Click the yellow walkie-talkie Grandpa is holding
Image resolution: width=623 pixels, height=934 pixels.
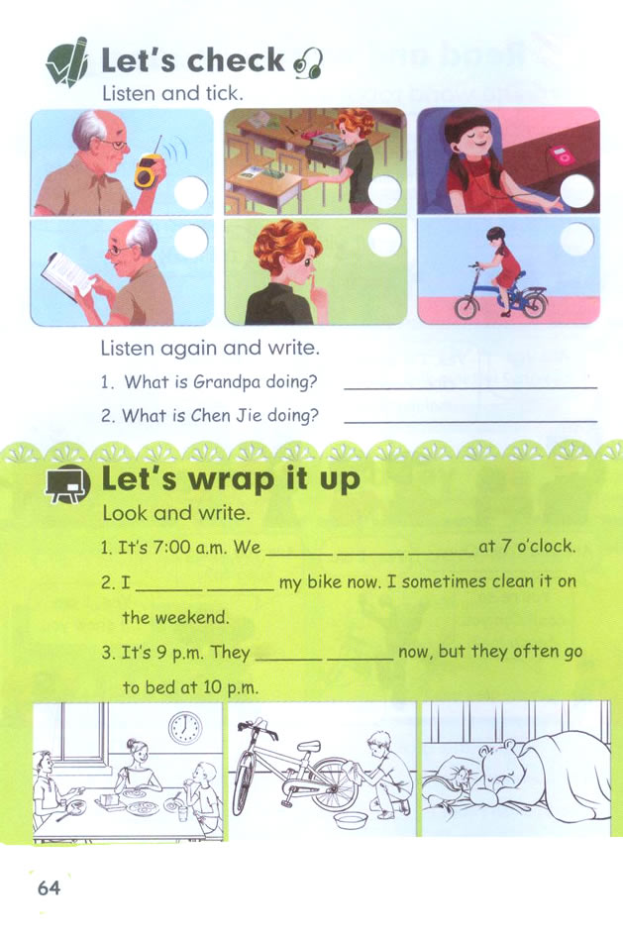click(148, 171)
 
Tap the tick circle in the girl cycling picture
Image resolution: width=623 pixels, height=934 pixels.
click(575, 239)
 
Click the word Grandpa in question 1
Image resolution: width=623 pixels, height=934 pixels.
click(224, 381)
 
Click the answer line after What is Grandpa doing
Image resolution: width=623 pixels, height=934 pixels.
click(469, 386)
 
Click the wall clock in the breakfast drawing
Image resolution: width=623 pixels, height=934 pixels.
click(184, 728)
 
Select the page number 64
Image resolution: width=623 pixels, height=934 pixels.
click(49, 887)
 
